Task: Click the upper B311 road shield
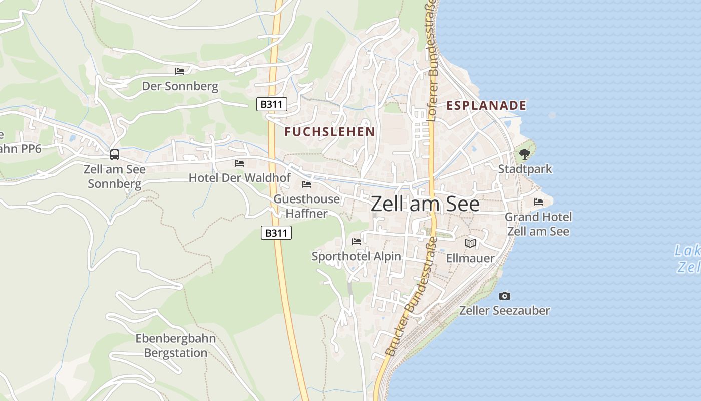point(272,105)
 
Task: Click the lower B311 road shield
point(276,233)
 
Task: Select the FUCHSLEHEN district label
point(329,132)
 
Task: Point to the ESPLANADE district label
point(486,105)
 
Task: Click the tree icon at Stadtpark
point(524,154)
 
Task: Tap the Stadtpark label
point(525,169)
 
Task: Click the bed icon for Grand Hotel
point(538,202)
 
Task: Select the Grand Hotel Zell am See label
point(538,224)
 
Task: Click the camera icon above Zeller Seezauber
point(505,296)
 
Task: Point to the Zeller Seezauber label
point(505,311)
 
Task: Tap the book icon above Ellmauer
point(470,243)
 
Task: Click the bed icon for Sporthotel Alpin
point(357,242)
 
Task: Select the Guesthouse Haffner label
point(306,206)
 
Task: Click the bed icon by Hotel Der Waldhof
point(239,163)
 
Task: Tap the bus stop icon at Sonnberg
point(115,155)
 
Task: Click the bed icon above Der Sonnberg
point(180,71)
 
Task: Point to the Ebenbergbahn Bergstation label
point(176,346)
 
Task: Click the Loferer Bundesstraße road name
point(433,88)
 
